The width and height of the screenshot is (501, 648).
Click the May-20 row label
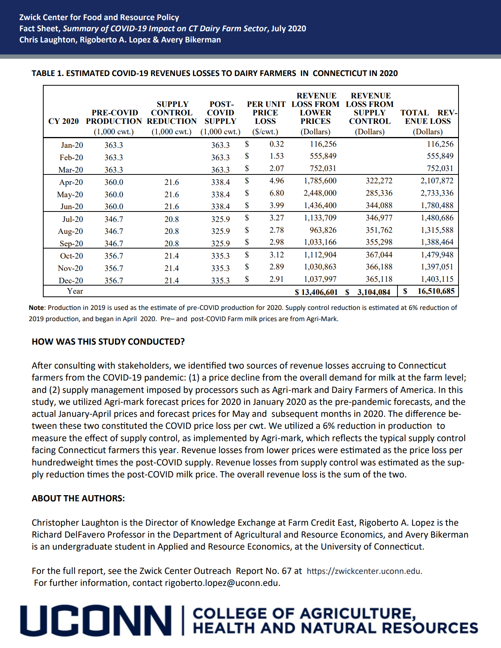coord(70,195)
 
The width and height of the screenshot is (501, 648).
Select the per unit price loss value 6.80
coord(277,193)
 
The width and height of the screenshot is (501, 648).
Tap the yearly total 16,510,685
coord(436,291)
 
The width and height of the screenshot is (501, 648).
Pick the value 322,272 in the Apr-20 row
coord(379,181)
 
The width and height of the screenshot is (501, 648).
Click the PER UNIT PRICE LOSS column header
coord(266,113)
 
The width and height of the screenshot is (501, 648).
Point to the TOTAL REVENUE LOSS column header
coord(428,117)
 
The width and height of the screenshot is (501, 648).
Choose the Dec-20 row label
coord(71,281)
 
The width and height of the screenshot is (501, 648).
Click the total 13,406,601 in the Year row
coord(319,292)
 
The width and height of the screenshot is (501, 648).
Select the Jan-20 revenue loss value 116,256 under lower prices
coord(323,144)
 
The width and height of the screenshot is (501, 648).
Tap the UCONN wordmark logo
coord(96,621)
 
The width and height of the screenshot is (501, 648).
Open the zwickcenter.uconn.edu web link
coord(364,571)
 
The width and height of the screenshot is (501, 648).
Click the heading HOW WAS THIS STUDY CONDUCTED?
coord(108,342)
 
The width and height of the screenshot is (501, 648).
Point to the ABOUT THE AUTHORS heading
coord(78,498)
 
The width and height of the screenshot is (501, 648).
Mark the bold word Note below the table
coord(36,308)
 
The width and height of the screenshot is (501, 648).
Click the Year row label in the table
coord(75,291)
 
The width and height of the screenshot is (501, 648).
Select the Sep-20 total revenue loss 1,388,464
coord(437,242)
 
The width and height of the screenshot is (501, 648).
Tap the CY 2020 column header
coord(63,121)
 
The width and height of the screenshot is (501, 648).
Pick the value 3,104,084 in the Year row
coord(373,292)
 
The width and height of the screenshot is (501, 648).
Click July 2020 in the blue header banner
coord(289,29)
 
